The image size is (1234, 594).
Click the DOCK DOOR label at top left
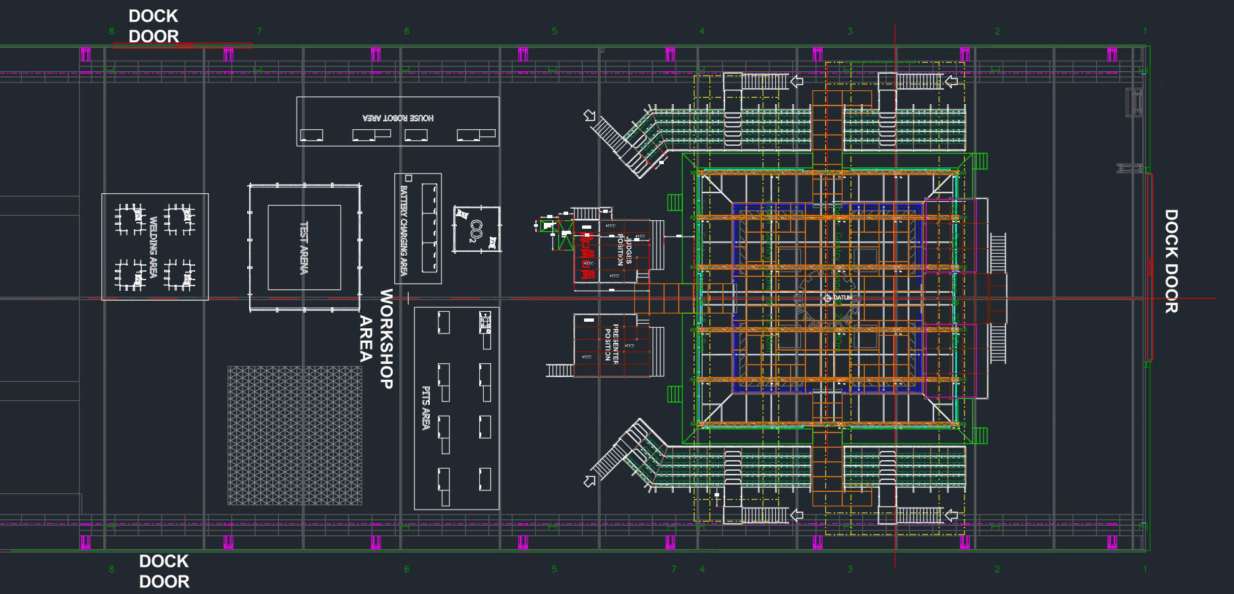(x=154, y=26)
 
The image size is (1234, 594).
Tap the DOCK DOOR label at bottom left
(x=164, y=571)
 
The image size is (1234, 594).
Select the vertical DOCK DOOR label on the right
(x=1171, y=261)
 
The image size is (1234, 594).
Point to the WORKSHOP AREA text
(x=376, y=339)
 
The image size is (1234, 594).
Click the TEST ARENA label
(x=304, y=247)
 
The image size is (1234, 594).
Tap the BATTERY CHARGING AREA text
(x=404, y=231)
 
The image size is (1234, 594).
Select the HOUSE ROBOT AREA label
(x=398, y=117)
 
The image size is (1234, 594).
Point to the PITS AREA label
(x=426, y=408)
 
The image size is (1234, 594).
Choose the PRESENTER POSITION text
(x=611, y=343)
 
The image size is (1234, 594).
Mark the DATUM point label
(x=842, y=298)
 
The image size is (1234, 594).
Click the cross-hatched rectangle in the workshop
(x=295, y=435)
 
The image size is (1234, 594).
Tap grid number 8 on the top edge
(x=111, y=31)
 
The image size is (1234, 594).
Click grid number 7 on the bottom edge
(x=673, y=568)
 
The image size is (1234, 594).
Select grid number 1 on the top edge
(x=1145, y=31)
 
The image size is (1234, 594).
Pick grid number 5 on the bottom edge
(x=554, y=569)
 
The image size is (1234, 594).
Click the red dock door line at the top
(x=182, y=45)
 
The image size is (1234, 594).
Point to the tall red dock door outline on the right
(x=1150, y=266)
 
